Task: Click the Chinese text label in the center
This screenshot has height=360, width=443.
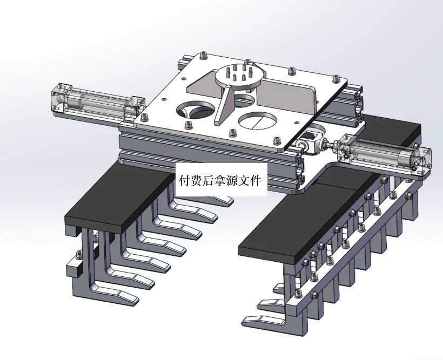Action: click(220, 180)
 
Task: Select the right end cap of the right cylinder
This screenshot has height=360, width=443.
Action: click(422, 160)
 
